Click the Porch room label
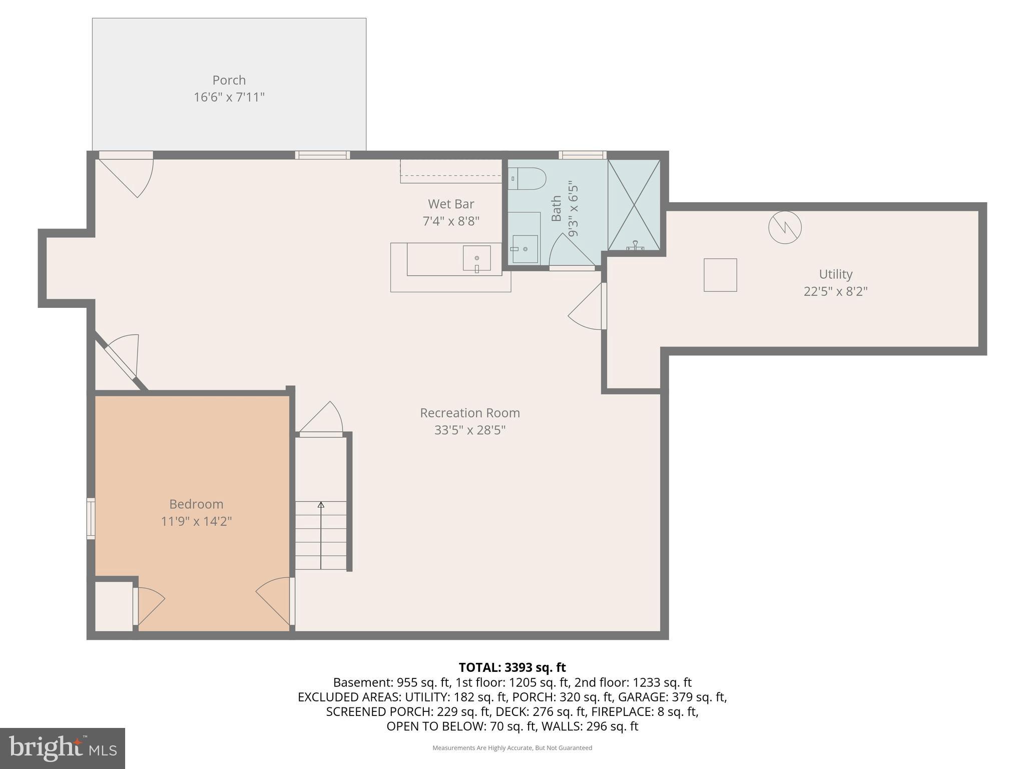pos(229,80)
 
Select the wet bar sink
pos(476,258)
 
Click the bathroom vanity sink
pos(525,249)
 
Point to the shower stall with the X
pos(634,205)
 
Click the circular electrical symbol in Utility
pos(784,227)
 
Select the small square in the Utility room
pos(720,275)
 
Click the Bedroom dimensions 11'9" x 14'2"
pos(196,521)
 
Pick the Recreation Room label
pos(469,413)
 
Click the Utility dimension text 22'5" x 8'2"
pos(835,291)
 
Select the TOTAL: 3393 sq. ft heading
pos(512,667)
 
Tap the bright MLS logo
pos(63,748)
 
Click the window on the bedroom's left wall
pos(91,518)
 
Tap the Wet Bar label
pos(450,204)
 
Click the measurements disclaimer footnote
pos(512,748)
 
